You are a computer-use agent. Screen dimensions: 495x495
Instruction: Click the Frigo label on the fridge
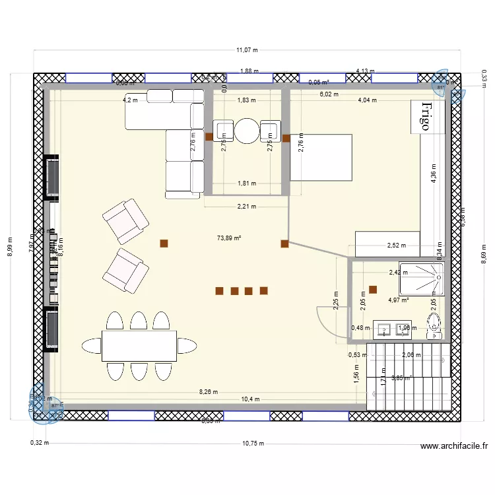pyautogui.click(x=426, y=117)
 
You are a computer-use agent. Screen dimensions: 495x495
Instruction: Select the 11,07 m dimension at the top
pyautogui.click(x=247, y=49)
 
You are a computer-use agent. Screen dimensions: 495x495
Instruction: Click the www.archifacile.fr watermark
pyautogui.click(x=454, y=446)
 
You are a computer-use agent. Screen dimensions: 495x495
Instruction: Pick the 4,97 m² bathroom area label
pyautogui.click(x=399, y=300)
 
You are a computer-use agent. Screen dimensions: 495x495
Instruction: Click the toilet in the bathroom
pyautogui.click(x=434, y=327)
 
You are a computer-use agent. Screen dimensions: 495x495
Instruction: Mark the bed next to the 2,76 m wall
pyautogui.click(x=321, y=156)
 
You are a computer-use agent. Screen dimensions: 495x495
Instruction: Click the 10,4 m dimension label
pyautogui.click(x=250, y=399)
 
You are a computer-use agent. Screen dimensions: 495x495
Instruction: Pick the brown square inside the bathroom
pyautogui.click(x=373, y=289)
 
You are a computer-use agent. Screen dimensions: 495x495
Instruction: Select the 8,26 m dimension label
pyautogui.click(x=209, y=392)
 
